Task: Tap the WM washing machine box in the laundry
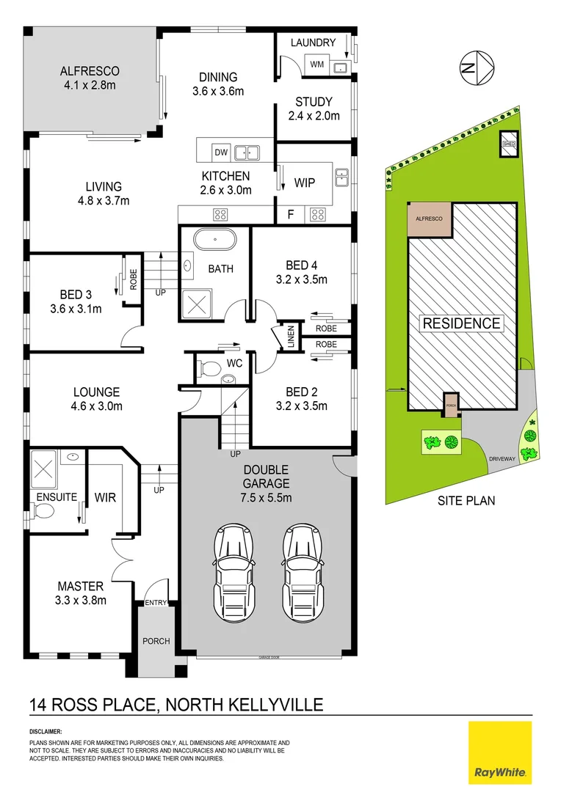pyautogui.click(x=317, y=66)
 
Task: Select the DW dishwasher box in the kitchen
pyautogui.click(x=220, y=153)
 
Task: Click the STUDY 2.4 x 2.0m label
pyautogui.click(x=314, y=102)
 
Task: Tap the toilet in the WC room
pyautogui.click(x=211, y=366)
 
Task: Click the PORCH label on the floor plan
pyautogui.click(x=156, y=641)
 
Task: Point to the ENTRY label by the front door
pyautogui.click(x=156, y=603)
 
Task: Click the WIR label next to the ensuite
pyautogui.click(x=105, y=498)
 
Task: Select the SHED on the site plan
pyautogui.click(x=508, y=144)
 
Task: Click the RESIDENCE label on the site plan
pyautogui.click(x=461, y=323)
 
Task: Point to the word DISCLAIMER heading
pyautogui.click(x=46, y=732)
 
